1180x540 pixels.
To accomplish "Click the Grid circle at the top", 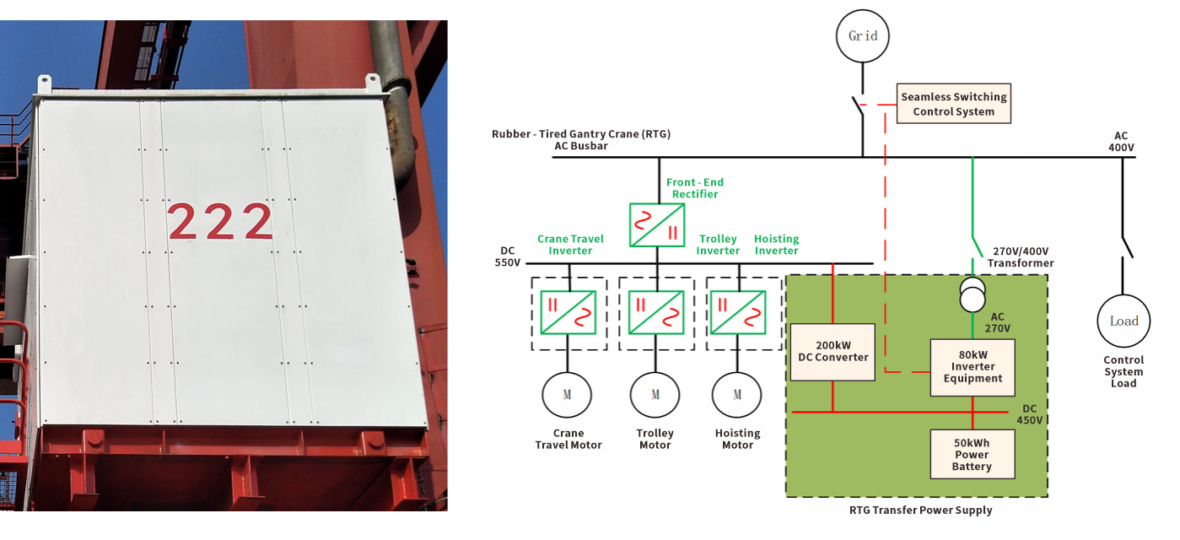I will [x=863, y=35].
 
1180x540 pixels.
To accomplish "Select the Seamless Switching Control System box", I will [x=953, y=104].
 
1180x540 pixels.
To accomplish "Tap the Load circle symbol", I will [x=1123, y=321].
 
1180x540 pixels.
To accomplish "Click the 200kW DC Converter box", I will [x=832, y=352].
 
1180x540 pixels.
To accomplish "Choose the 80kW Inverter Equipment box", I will [x=973, y=367].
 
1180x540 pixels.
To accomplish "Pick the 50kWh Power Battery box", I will [x=972, y=454].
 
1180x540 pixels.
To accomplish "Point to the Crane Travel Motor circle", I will [x=567, y=394].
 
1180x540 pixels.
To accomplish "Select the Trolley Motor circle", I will [x=655, y=394].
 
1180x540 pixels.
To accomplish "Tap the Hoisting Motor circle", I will [x=737, y=394].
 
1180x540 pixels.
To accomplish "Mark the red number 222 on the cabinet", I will [x=221, y=222].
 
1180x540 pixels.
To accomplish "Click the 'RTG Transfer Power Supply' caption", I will [x=920, y=510].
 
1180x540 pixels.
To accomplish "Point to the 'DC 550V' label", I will [x=507, y=256].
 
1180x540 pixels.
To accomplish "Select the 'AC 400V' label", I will [x=1121, y=142].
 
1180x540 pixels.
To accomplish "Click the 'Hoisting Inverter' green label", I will [x=776, y=245].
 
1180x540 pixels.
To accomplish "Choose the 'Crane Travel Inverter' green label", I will [x=570, y=245].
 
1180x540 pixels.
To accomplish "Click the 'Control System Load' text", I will [x=1123, y=372].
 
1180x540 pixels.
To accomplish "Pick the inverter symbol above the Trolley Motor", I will [x=657, y=313].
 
